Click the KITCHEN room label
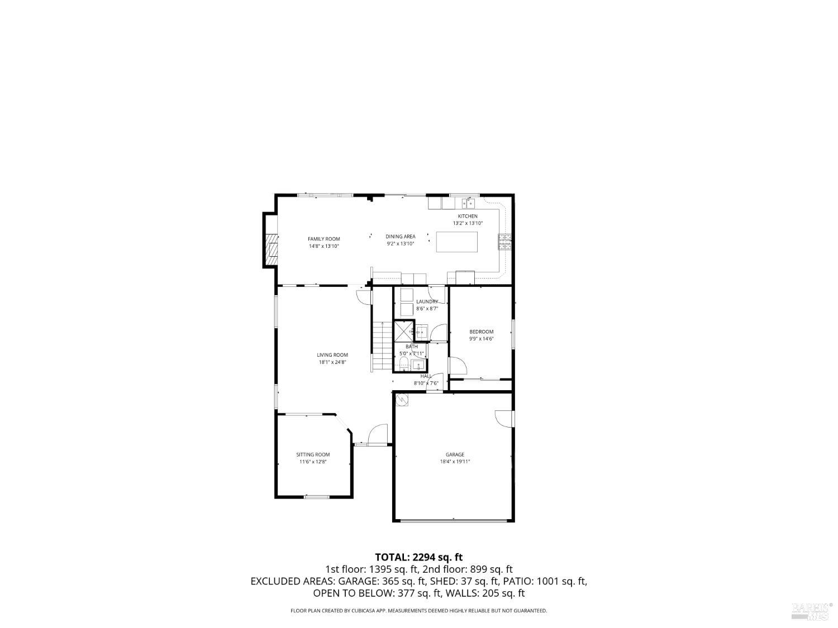click(x=468, y=216)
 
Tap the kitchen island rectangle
click(x=457, y=242)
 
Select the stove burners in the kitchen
click(x=504, y=241)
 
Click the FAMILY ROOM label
click(x=323, y=239)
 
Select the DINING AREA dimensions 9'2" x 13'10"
click(x=400, y=244)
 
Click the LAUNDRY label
click(x=427, y=301)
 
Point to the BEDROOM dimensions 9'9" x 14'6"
click(x=481, y=339)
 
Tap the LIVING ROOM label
click(x=332, y=354)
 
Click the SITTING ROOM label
click(x=313, y=454)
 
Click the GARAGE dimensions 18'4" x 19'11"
click(x=455, y=462)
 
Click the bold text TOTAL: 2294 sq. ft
click(x=418, y=557)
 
